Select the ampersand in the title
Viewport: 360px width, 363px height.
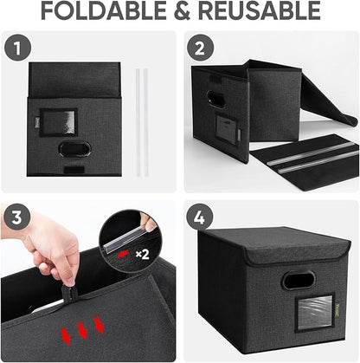(191, 11)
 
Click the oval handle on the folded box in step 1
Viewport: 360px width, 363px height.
(74, 149)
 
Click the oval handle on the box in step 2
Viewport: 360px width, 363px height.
(215, 100)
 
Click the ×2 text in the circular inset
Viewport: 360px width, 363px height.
(142, 255)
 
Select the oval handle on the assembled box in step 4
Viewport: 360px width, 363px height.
(299, 281)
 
